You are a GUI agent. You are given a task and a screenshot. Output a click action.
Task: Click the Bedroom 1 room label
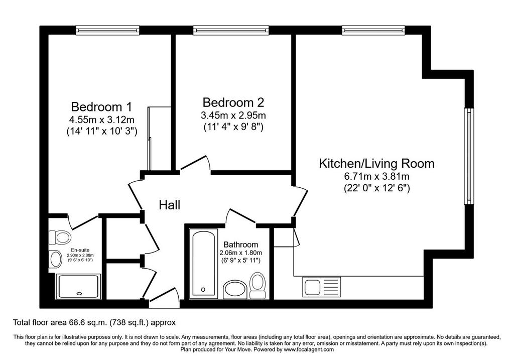click(101, 107)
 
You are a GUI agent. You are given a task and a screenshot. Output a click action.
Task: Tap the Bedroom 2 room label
click(233, 102)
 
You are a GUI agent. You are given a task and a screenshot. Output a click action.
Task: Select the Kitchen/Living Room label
click(376, 163)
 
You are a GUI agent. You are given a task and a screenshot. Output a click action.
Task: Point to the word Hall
click(170, 205)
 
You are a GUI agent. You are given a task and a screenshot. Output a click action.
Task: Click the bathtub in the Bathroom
click(204, 263)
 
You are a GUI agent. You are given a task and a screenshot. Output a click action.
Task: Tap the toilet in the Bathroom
click(258, 286)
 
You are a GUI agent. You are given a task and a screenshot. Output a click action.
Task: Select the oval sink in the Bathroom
click(236, 289)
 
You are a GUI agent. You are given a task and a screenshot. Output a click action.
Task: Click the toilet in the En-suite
click(59, 237)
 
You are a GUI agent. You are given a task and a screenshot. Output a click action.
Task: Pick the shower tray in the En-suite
click(78, 287)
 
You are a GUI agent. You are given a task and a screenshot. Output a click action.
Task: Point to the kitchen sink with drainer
click(322, 287)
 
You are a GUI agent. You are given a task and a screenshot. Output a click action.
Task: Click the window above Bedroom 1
click(107, 30)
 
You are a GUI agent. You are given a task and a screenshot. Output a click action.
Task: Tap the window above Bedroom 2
click(231, 30)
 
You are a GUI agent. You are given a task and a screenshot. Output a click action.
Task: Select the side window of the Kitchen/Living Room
click(469, 156)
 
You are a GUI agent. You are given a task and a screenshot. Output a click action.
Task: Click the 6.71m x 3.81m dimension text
click(376, 176)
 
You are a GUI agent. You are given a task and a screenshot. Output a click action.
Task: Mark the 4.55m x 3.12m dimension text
click(101, 119)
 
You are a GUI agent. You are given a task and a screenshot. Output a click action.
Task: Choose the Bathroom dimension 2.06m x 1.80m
click(240, 253)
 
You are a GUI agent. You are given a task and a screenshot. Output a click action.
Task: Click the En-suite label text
click(80, 250)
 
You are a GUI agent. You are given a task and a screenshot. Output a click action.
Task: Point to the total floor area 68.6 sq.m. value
click(89, 323)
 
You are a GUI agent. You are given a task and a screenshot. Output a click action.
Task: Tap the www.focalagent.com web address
click(309, 349)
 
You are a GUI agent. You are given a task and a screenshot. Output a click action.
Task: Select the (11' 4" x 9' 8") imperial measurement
click(233, 127)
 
